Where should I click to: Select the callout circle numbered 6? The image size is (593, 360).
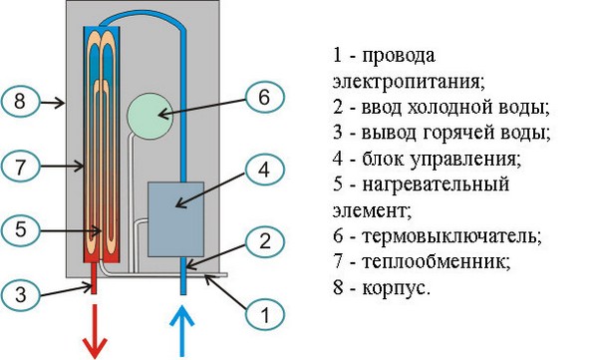coord(263,98)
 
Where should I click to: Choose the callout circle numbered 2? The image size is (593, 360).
coord(263,240)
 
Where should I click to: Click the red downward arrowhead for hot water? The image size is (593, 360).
coord(96,347)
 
